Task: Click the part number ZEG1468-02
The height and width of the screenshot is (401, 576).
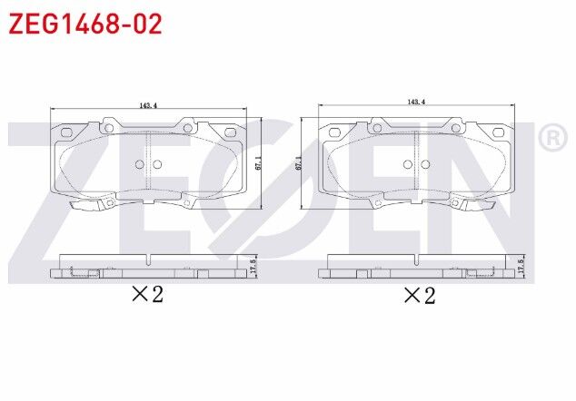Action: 85,24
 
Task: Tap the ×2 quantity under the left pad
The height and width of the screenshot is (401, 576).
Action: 147,294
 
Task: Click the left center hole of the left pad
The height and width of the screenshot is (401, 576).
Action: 139,164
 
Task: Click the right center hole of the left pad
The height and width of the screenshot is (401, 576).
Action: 156,164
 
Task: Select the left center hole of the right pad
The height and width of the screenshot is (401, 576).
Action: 408,164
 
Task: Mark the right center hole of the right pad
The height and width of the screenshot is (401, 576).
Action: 424,164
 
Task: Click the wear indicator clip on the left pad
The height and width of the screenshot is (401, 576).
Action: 91,203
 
